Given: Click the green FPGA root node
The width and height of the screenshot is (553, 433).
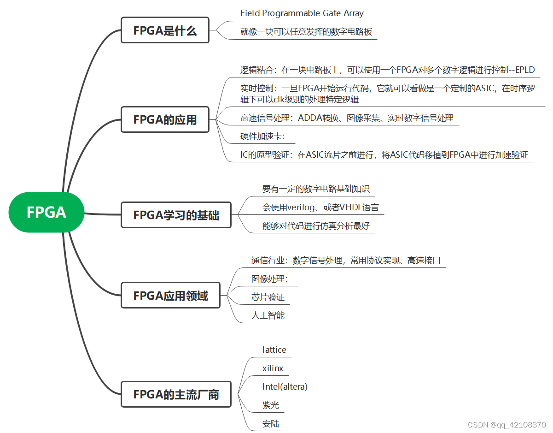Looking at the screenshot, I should (x=47, y=212).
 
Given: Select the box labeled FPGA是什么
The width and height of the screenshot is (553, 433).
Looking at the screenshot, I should (x=165, y=30).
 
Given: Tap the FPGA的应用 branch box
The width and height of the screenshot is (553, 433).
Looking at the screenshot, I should (x=165, y=119).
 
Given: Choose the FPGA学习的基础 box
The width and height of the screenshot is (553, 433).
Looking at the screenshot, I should (x=176, y=215).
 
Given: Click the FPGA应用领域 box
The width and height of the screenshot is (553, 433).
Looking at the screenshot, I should (x=170, y=296).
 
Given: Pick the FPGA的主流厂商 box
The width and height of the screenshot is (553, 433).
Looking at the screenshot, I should (x=176, y=395).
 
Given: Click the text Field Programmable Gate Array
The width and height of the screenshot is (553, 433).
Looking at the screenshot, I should (x=302, y=13).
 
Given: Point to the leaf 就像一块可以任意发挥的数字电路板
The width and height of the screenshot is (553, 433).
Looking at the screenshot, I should (x=306, y=32).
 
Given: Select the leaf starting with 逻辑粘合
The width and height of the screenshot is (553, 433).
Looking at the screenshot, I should (x=387, y=70).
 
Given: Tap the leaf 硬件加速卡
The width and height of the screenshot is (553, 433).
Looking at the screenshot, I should (x=262, y=136).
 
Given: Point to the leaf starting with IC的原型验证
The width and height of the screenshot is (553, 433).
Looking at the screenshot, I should (x=384, y=155).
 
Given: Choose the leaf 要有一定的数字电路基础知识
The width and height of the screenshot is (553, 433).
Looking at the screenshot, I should (x=316, y=189).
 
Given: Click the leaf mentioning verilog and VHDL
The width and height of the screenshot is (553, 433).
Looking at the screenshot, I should (x=320, y=208).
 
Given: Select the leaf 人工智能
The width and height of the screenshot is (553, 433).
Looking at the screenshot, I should (x=268, y=315).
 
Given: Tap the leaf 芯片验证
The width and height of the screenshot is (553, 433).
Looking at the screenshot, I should (x=268, y=297).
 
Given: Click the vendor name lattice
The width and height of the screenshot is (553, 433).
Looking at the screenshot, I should (x=274, y=350).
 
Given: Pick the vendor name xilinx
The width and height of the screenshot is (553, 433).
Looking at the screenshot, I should (x=273, y=368).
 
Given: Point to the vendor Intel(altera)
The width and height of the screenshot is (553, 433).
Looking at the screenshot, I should (x=285, y=386).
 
